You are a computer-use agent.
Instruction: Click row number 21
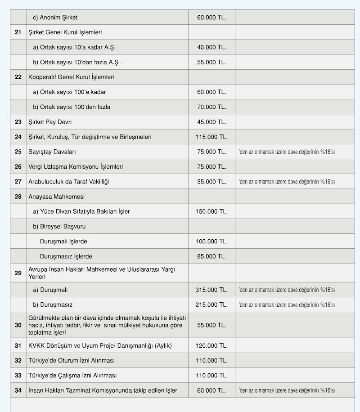coord(18,32)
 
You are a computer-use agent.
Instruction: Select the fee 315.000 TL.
coord(211,290)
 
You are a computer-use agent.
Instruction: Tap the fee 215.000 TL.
coord(211,305)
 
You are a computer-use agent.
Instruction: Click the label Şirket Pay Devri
coord(50,122)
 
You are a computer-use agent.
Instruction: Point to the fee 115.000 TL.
coord(211,137)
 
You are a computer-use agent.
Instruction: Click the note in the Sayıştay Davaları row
coord(287,152)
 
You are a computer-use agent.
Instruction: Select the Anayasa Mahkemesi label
coord(56,197)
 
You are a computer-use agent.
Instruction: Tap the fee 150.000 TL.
coord(211,211)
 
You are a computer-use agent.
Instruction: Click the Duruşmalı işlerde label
coord(63,242)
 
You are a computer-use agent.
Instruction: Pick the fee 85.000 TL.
coord(211,256)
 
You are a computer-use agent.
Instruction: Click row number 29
coord(18,273)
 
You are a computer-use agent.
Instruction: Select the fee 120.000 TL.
coord(211,346)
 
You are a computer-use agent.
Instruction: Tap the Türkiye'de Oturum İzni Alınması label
coord(72,361)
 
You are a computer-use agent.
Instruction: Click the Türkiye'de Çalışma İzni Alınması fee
coord(211,376)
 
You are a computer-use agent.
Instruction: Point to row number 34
coord(18,390)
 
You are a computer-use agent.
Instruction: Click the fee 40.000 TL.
coord(211,47)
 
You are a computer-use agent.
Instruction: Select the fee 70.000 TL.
coord(211,107)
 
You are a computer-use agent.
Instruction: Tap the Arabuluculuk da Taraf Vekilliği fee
coord(211,182)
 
